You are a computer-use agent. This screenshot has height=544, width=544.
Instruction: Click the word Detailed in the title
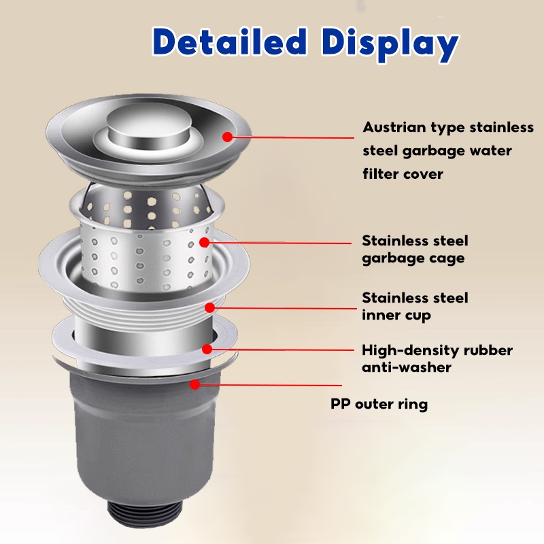[228, 42]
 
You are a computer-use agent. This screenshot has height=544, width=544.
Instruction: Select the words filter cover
[403, 173]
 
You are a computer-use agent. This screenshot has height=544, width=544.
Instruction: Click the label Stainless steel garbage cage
[415, 249]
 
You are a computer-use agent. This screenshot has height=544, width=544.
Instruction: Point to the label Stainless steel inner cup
[415, 306]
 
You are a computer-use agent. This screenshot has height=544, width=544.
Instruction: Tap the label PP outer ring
[379, 404]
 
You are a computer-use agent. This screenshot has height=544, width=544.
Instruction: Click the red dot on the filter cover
[227, 137]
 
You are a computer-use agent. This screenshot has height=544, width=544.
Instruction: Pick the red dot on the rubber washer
[207, 350]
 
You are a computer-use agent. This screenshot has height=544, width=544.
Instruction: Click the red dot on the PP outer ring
[195, 384]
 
